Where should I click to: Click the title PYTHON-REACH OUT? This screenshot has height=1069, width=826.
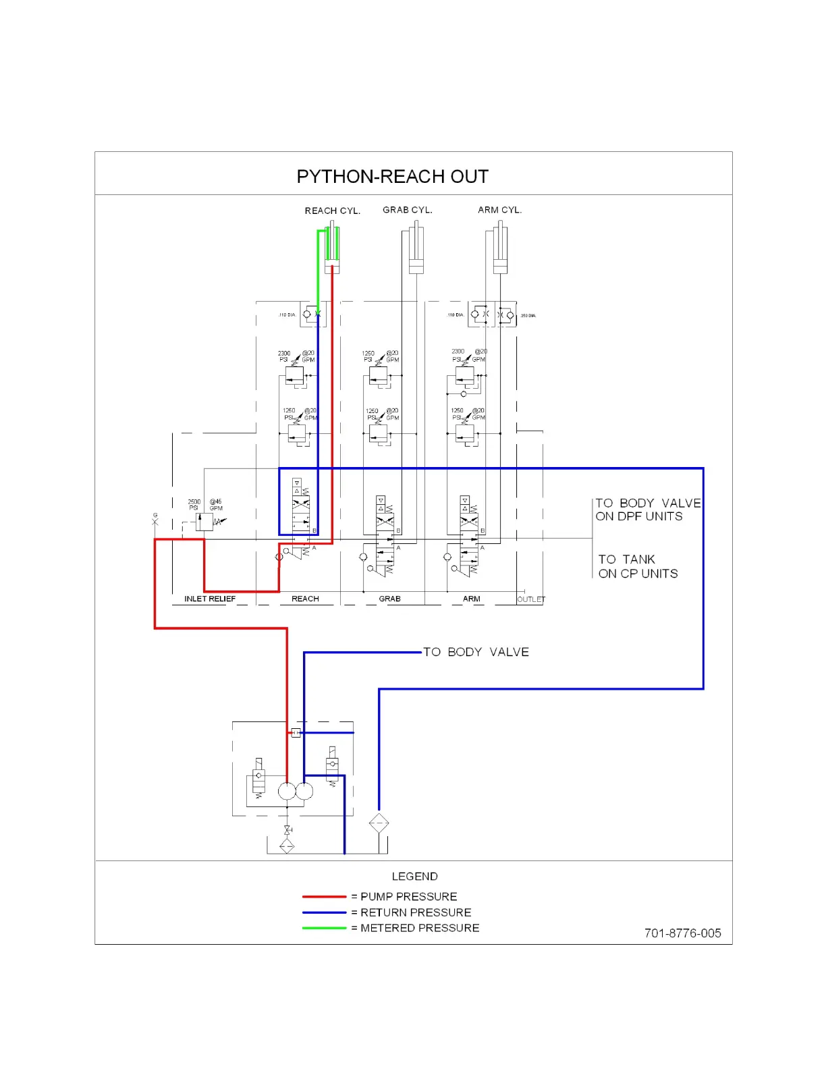coord(392,177)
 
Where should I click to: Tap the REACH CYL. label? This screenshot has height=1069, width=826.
coord(332,211)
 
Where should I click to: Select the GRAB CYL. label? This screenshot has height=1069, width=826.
coord(408,210)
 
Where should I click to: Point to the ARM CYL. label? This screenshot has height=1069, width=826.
coord(499,210)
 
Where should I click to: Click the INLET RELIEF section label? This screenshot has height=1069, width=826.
coord(210,599)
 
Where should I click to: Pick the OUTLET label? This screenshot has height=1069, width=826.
coord(531,599)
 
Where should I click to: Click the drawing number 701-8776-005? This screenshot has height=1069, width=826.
coord(682,933)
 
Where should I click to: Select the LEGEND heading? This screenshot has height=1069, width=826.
coord(414,876)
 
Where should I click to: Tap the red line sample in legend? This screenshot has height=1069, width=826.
coord(324,897)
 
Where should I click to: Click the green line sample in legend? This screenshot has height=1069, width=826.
coord(324,928)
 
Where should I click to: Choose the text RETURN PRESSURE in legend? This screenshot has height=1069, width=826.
coord(416,912)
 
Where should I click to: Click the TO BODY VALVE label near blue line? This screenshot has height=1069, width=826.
coord(476,652)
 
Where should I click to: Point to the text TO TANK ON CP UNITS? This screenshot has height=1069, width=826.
coord(638,566)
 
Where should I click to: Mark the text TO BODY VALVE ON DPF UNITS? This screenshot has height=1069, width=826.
coord(648,510)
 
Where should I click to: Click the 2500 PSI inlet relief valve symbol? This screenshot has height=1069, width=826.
coord(204,522)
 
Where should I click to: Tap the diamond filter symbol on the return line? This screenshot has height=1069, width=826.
coord(379,823)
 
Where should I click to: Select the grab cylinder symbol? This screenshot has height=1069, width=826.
coord(416,250)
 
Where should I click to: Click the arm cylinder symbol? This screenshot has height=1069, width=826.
coord(500,250)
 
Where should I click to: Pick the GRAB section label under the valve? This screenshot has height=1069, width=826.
coord(389,599)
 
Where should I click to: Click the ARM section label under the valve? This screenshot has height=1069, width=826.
coord(472,599)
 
